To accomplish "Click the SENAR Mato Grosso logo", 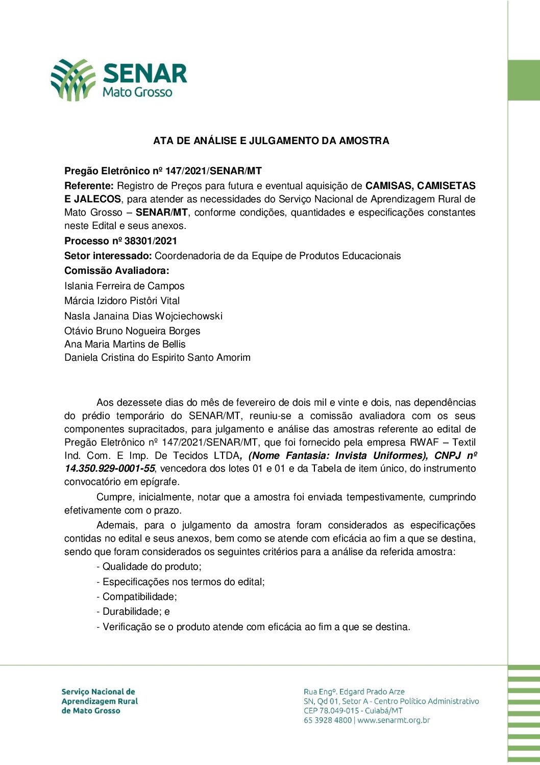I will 118,80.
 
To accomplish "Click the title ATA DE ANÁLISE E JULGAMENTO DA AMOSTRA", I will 271,141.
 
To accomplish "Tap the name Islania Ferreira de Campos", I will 124,286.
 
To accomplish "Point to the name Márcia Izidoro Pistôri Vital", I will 122,301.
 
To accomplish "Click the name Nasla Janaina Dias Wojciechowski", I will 143,316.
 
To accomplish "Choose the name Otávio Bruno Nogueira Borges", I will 132,331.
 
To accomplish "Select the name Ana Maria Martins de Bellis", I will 125,344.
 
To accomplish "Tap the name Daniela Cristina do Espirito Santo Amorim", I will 157,358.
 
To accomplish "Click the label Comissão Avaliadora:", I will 116,271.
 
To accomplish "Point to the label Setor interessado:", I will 108,256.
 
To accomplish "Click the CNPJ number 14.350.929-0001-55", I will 110,469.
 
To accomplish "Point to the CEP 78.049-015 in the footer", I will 333,711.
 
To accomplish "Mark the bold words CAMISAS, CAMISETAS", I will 421,186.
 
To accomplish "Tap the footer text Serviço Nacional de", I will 98,692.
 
